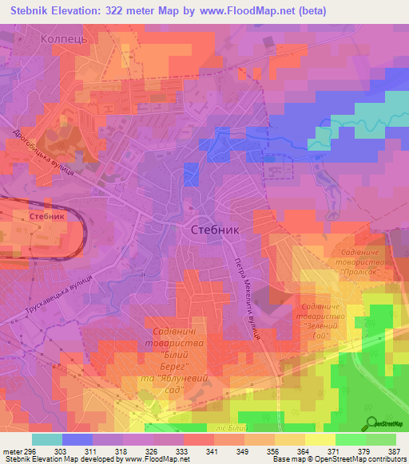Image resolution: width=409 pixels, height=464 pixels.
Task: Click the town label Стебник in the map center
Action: click(216, 229)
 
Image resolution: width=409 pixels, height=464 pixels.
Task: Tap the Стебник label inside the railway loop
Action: click(46, 216)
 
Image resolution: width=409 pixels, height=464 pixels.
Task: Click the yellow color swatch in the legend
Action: click(320, 439)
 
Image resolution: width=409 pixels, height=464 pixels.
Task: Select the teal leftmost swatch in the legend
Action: click(46, 439)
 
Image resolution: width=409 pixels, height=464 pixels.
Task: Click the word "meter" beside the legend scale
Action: click(11, 451)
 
